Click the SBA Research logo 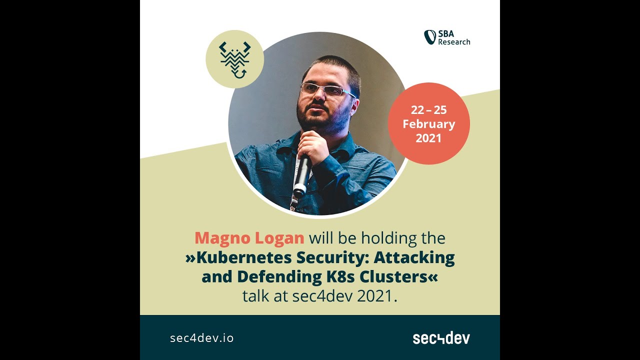[x=447, y=37]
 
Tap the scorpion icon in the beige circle [x=235, y=59]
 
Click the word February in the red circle [x=428, y=124]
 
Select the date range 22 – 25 [x=428, y=110]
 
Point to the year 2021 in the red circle [x=428, y=138]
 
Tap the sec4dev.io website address [x=201, y=338]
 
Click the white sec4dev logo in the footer [x=441, y=338]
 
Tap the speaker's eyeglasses [x=326, y=90]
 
